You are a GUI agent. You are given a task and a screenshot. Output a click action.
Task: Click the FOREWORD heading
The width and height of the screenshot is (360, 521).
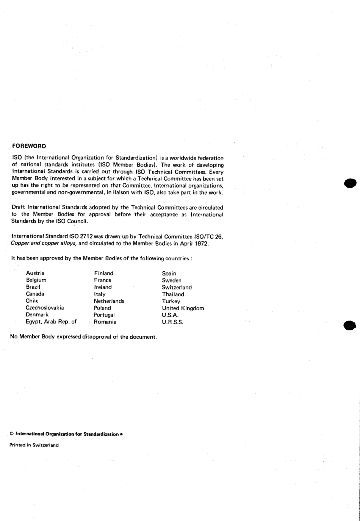pos(29,146)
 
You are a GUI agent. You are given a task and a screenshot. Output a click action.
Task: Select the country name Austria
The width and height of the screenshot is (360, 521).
pos(35,273)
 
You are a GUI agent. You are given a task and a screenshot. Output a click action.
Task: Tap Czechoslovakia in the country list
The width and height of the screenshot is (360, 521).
pos(45,308)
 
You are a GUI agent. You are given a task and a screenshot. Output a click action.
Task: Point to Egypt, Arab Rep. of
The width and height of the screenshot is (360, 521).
pos(51,322)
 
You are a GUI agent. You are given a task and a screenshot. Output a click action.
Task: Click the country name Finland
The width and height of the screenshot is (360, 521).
pos(103,273)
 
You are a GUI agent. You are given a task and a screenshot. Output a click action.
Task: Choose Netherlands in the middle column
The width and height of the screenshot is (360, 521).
pos(109,301)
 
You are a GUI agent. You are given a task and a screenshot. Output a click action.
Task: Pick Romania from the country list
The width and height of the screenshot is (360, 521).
pos(105,322)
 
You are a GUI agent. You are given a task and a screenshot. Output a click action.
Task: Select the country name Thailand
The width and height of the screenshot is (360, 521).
pos(173,294)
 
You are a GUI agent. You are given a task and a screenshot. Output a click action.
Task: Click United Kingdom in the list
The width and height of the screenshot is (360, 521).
pos(183,308)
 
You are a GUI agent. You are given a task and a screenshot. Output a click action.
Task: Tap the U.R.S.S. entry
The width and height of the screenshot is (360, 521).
pos(172,322)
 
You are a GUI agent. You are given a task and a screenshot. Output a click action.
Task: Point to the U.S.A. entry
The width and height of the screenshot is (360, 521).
pos(170,315)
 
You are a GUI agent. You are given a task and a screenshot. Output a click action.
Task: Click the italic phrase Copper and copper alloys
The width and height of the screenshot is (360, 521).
pos(44,244)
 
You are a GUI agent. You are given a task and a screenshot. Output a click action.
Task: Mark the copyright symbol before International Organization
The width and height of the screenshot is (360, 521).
pos(12,434)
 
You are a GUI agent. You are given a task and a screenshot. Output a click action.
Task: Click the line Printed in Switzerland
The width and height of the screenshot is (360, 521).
pos(34,445)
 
